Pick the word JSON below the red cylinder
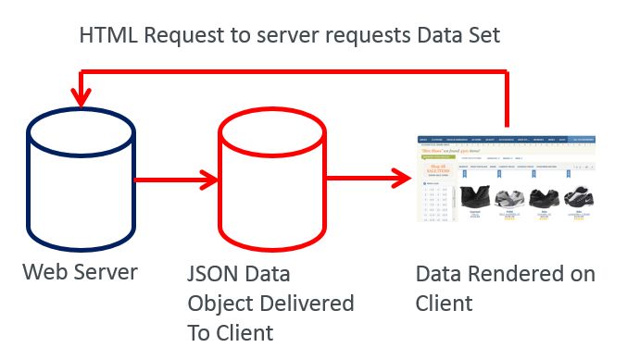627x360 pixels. pyautogui.click(x=215, y=275)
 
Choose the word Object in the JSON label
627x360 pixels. pyautogui.click(x=219, y=304)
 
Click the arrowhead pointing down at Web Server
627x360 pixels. pyautogui.click(x=82, y=95)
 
